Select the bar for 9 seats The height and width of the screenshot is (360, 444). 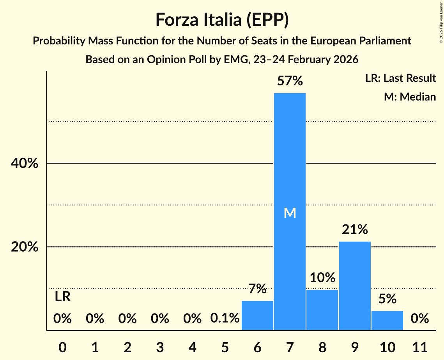click(x=355, y=286)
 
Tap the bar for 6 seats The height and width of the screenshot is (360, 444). click(x=257, y=316)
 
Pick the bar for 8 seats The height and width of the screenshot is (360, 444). click(x=322, y=310)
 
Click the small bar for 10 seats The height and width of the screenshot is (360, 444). click(x=387, y=320)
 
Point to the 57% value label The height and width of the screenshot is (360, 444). click(x=290, y=81)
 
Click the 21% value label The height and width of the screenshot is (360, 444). click(x=355, y=230)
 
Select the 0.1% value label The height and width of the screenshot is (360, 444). click(x=225, y=318)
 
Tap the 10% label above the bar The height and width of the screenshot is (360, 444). click(x=322, y=278)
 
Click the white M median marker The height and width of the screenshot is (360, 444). click(x=290, y=213)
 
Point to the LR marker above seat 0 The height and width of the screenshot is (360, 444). click(x=62, y=297)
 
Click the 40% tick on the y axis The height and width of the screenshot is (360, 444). click(x=25, y=164)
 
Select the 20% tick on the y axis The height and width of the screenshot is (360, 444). click(x=25, y=247)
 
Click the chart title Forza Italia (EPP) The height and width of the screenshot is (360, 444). click(x=222, y=19)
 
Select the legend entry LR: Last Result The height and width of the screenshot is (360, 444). click(x=400, y=78)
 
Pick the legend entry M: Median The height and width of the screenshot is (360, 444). click(x=410, y=97)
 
